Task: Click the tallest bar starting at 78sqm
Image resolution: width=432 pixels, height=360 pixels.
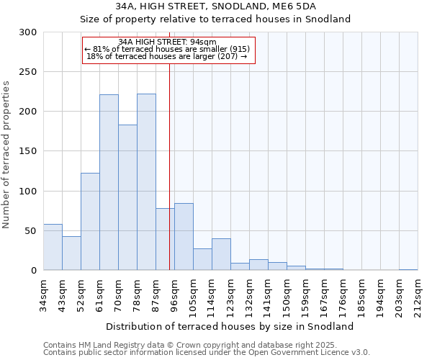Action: pos(146,182)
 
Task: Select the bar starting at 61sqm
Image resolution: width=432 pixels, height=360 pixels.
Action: pos(109,182)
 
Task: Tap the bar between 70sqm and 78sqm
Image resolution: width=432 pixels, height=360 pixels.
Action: pos(127,197)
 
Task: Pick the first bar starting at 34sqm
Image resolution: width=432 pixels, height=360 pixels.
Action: pos(53,247)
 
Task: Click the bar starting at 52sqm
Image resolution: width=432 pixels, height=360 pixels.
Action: pos(90,222)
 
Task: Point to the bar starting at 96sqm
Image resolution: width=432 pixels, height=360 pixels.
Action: pos(184,237)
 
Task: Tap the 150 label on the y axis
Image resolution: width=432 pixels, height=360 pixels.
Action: pos(28,151)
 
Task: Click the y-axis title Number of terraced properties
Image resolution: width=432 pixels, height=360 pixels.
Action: pos(6,155)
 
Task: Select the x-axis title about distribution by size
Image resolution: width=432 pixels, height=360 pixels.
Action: pos(235,326)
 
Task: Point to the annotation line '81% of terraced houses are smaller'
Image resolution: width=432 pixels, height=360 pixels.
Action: pos(168,49)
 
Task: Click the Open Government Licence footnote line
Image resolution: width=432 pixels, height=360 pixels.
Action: pos(207,352)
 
